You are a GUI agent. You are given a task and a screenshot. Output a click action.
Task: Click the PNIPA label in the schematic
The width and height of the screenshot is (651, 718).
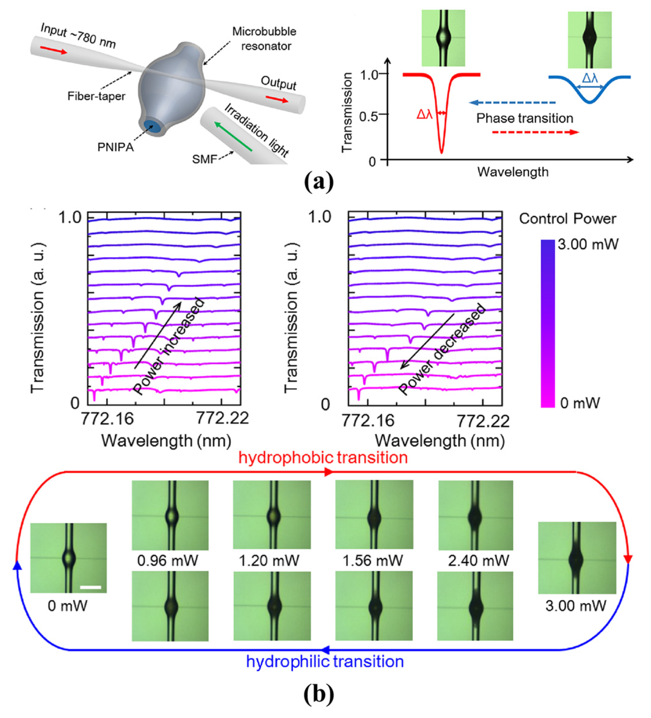click(x=116, y=147)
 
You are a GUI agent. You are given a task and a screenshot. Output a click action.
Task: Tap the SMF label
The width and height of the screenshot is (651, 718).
click(x=204, y=159)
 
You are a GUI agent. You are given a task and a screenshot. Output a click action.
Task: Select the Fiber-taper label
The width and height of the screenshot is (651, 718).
click(x=96, y=96)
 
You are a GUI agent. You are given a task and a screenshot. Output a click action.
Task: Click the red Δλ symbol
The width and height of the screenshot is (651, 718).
click(x=424, y=114)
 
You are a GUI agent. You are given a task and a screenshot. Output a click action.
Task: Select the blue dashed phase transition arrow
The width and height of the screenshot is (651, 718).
click(x=512, y=103)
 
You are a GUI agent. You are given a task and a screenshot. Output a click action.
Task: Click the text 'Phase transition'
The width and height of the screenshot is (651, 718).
click(x=525, y=118)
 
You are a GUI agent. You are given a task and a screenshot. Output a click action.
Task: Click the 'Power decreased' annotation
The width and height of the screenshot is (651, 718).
click(x=441, y=349)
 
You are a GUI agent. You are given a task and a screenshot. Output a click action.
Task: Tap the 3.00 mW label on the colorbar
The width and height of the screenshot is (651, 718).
click(x=588, y=244)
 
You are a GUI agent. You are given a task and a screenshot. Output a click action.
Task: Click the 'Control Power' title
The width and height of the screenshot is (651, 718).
click(x=567, y=219)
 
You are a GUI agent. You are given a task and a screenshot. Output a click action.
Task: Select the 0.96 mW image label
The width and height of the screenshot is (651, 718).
click(x=168, y=561)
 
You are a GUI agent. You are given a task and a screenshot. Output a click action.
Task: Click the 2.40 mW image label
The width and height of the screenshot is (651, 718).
click(x=478, y=561)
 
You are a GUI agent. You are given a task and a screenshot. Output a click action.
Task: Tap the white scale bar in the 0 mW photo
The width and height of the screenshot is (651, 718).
click(x=90, y=587)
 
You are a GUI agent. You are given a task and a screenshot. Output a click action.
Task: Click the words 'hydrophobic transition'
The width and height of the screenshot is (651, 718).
click(x=323, y=458)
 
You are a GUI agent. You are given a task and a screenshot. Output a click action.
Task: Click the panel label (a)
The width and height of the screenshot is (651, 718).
click(x=319, y=182)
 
